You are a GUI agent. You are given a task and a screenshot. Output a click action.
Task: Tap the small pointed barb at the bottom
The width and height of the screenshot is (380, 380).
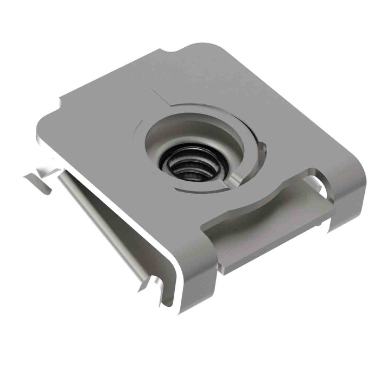pyautogui.click(x=143, y=285)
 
